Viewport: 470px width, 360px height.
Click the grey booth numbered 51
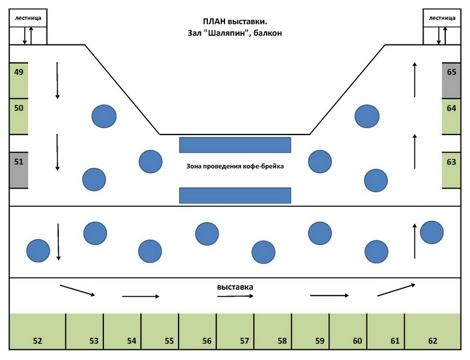tap(19, 170)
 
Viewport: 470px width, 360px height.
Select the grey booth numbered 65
tap(451, 80)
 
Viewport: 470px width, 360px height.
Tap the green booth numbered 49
tap(19, 80)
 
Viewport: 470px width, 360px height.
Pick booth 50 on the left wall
tap(19, 116)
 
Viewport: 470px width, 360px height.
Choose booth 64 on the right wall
tap(451, 116)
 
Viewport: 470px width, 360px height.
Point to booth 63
tap(451, 170)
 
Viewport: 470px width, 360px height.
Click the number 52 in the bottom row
tap(38, 341)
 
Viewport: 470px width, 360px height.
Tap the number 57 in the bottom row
tap(244, 341)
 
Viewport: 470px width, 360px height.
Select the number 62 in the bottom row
tap(432, 341)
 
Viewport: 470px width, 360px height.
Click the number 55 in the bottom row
tap(169, 341)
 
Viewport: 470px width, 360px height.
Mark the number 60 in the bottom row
tap(357, 341)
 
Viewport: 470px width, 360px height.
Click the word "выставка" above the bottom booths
tap(235, 287)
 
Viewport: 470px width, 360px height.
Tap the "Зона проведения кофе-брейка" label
tap(235, 166)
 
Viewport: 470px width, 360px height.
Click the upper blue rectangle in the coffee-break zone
tap(235, 145)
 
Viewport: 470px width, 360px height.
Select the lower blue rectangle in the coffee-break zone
tap(235, 196)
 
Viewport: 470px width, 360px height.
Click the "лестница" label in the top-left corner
tap(28, 18)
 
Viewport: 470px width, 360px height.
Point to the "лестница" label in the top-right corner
tap(442, 18)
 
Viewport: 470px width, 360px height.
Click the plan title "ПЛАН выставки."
tap(235, 22)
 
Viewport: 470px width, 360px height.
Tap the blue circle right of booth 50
tap(104, 116)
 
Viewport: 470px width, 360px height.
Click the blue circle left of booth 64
tap(367, 116)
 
